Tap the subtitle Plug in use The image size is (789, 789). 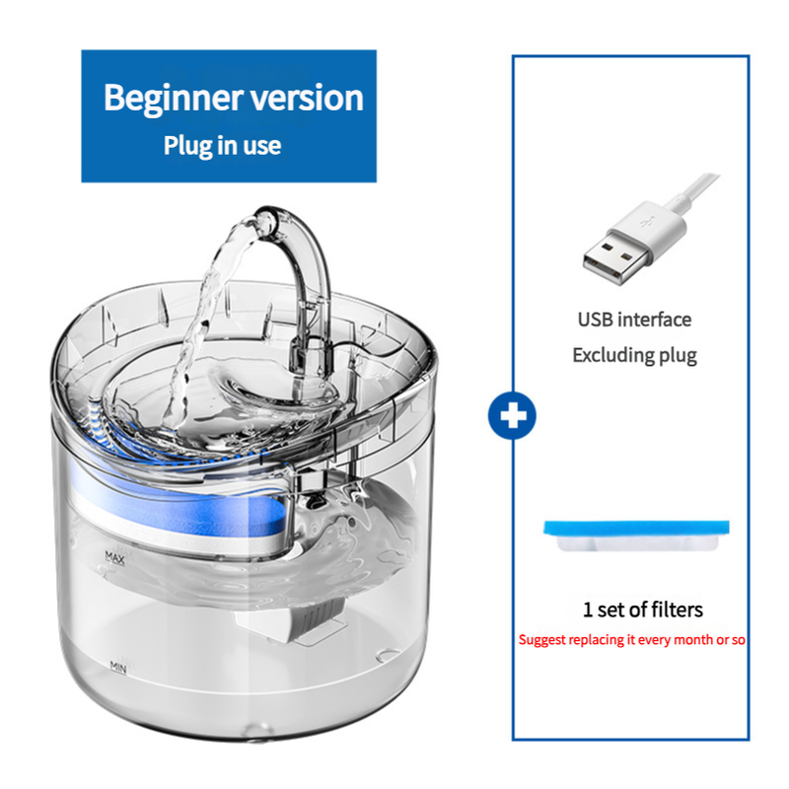[222, 146]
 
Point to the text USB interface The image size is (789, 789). [634, 320]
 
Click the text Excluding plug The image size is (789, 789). [634, 355]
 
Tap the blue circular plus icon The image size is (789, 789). [512, 416]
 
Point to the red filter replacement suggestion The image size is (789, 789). [632, 640]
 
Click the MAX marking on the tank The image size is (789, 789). [116, 557]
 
